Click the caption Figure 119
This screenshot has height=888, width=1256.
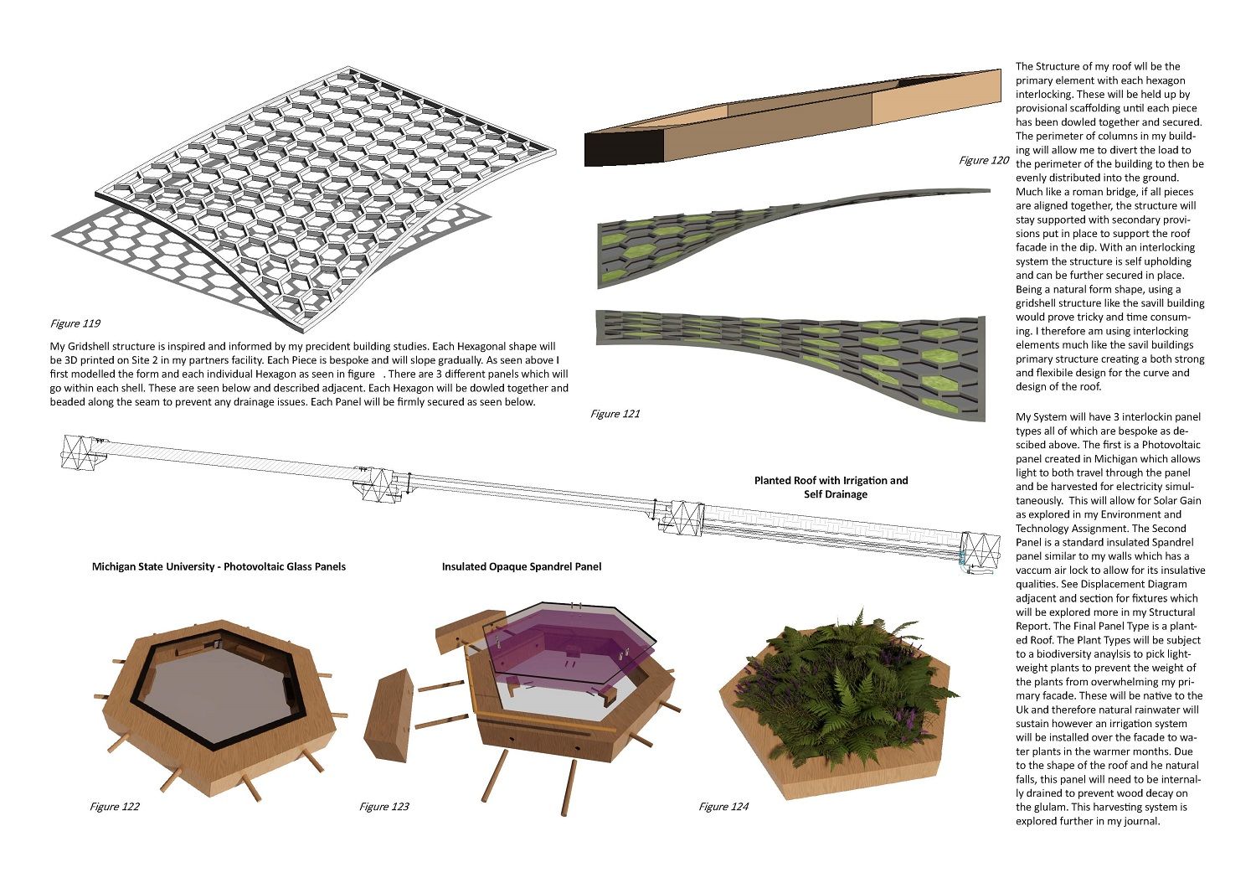[x=76, y=323]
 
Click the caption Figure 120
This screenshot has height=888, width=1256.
[x=984, y=160]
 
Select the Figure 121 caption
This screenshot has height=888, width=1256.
[x=615, y=414]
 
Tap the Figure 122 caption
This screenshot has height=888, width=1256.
[x=115, y=807]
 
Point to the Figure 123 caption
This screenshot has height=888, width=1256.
[x=384, y=807]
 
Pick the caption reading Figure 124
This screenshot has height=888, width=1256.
[x=724, y=807]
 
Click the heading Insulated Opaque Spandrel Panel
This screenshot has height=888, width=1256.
[x=521, y=567]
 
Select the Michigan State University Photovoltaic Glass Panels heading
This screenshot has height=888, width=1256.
[x=219, y=567]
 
